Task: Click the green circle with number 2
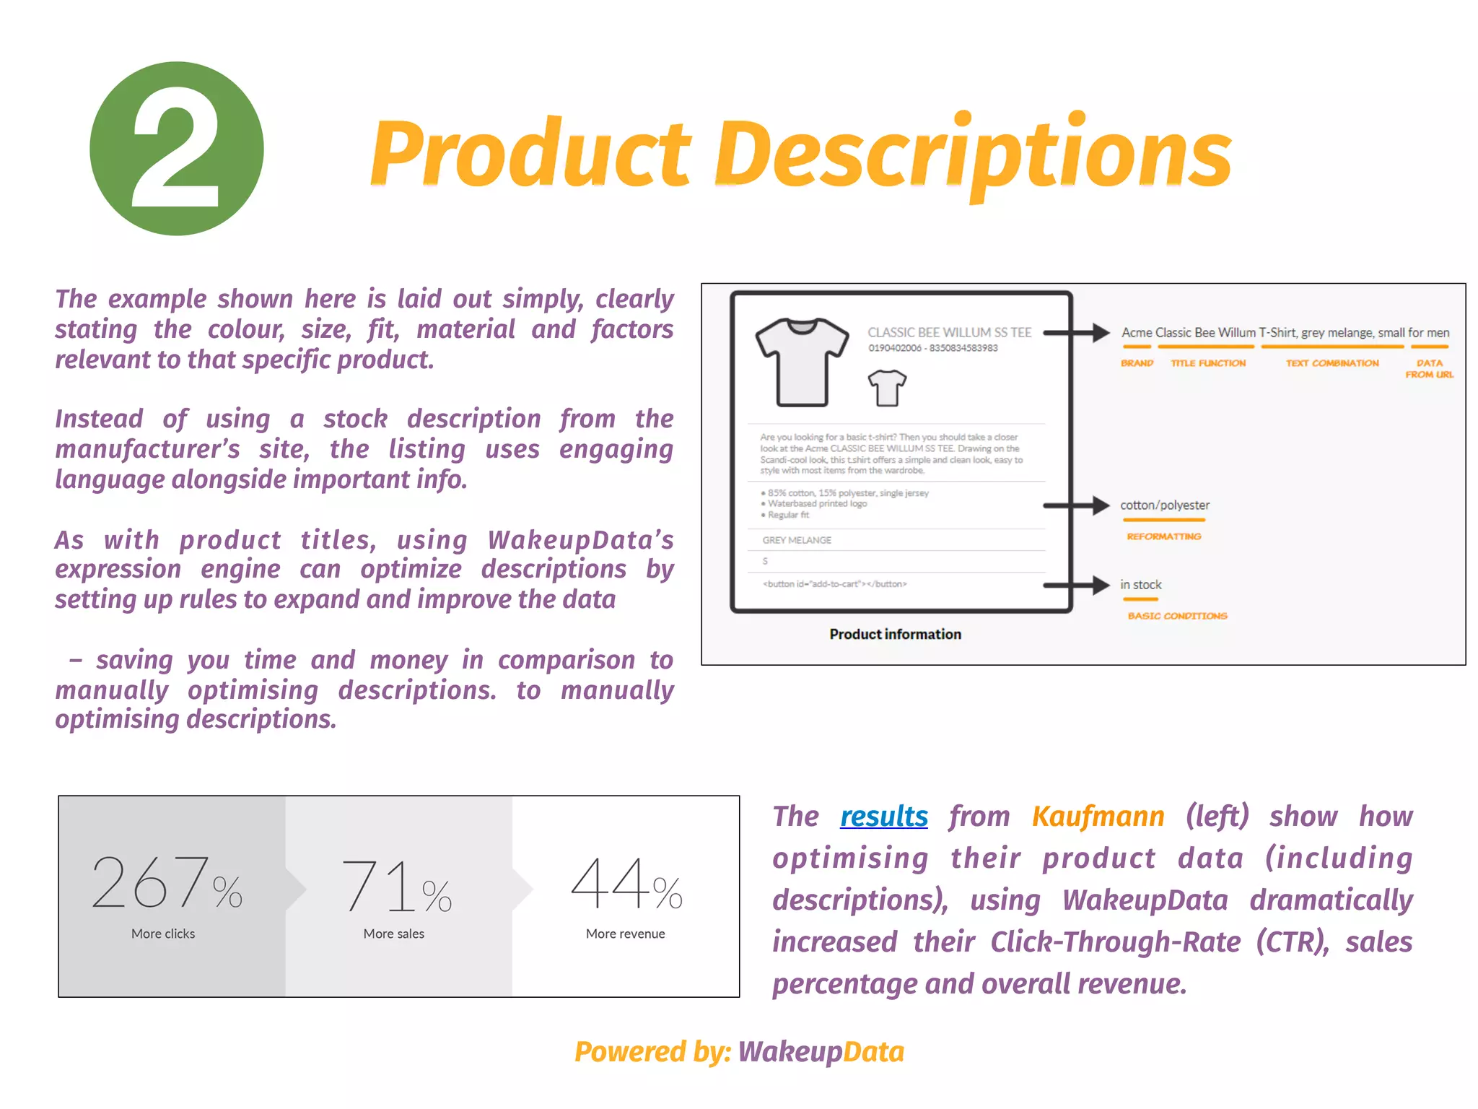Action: coord(176,149)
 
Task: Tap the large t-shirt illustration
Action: coord(802,362)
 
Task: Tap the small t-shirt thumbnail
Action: coord(887,388)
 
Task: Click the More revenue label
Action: coord(625,934)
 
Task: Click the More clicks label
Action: coord(163,934)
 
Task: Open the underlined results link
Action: coord(883,817)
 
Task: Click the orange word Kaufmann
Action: coord(1098,817)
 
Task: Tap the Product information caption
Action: coord(895,634)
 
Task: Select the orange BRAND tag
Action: coord(1137,363)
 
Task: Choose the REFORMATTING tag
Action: coord(1163,536)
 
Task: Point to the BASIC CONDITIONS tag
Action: coord(1177,616)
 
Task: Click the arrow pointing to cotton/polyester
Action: coord(1076,505)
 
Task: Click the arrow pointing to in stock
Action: coord(1076,585)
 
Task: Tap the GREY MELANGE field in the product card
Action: coord(797,540)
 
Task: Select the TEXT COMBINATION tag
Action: coord(1331,363)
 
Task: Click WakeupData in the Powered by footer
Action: coord(821,1052)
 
